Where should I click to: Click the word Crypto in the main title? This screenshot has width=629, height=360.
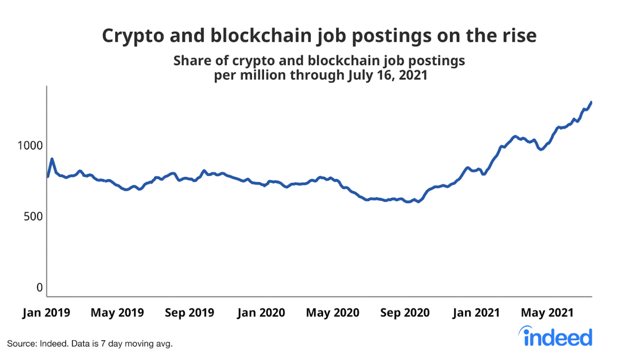133,36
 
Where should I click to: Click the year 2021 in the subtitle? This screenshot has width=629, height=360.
413,75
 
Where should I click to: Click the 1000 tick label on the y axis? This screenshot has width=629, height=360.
30,146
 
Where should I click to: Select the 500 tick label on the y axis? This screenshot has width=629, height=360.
33,216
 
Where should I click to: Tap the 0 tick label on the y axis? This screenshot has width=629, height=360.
39,288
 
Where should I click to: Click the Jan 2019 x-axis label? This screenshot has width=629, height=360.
46,313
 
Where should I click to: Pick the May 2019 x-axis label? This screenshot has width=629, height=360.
117,313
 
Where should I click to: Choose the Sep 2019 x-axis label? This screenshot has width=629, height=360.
189,313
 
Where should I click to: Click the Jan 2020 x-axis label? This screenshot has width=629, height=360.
261,313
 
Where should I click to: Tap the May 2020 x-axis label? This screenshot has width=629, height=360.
332,313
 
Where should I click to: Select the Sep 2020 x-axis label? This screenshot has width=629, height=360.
405,313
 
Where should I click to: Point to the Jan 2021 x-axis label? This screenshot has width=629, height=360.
476,313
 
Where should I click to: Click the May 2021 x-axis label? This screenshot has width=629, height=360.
547,313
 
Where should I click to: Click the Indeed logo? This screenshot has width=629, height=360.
556,337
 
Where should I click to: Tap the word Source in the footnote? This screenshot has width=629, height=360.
21,344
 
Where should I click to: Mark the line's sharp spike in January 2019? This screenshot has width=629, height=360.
52,159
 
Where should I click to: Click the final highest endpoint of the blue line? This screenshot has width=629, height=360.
591,102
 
